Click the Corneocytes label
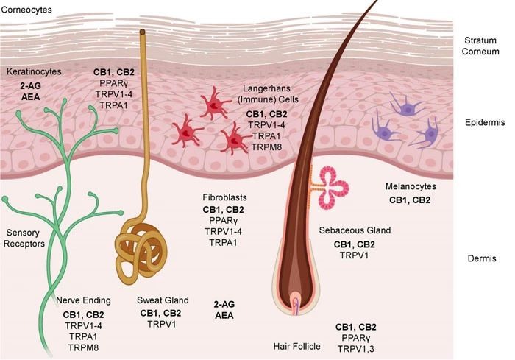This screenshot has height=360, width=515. tap(26, 10)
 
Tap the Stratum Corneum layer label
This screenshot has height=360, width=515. tap(480, 46)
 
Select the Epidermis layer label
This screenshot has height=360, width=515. tap(485, 123)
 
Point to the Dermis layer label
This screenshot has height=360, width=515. tap(482, 258)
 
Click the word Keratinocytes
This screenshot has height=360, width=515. tap(34, 71)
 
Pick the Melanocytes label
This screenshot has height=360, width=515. tap(411, 186)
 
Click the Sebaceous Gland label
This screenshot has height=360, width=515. tap(355, 230)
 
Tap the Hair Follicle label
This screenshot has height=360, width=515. tap(297, 346)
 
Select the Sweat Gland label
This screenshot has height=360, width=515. tap(163, 300)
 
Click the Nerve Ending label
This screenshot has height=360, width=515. tap(83, 300)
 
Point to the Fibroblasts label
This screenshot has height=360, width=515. tap(224, 197)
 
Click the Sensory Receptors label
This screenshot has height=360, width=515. tap(24, 238)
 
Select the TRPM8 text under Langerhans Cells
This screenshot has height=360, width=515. tap(266, 147)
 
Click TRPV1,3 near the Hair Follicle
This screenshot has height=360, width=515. tap(355, 349)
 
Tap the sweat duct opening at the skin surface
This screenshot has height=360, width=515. tap(142, 32)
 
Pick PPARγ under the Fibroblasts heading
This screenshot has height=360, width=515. tap(224, 221)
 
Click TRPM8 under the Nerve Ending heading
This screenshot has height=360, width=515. tap(83, 347)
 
